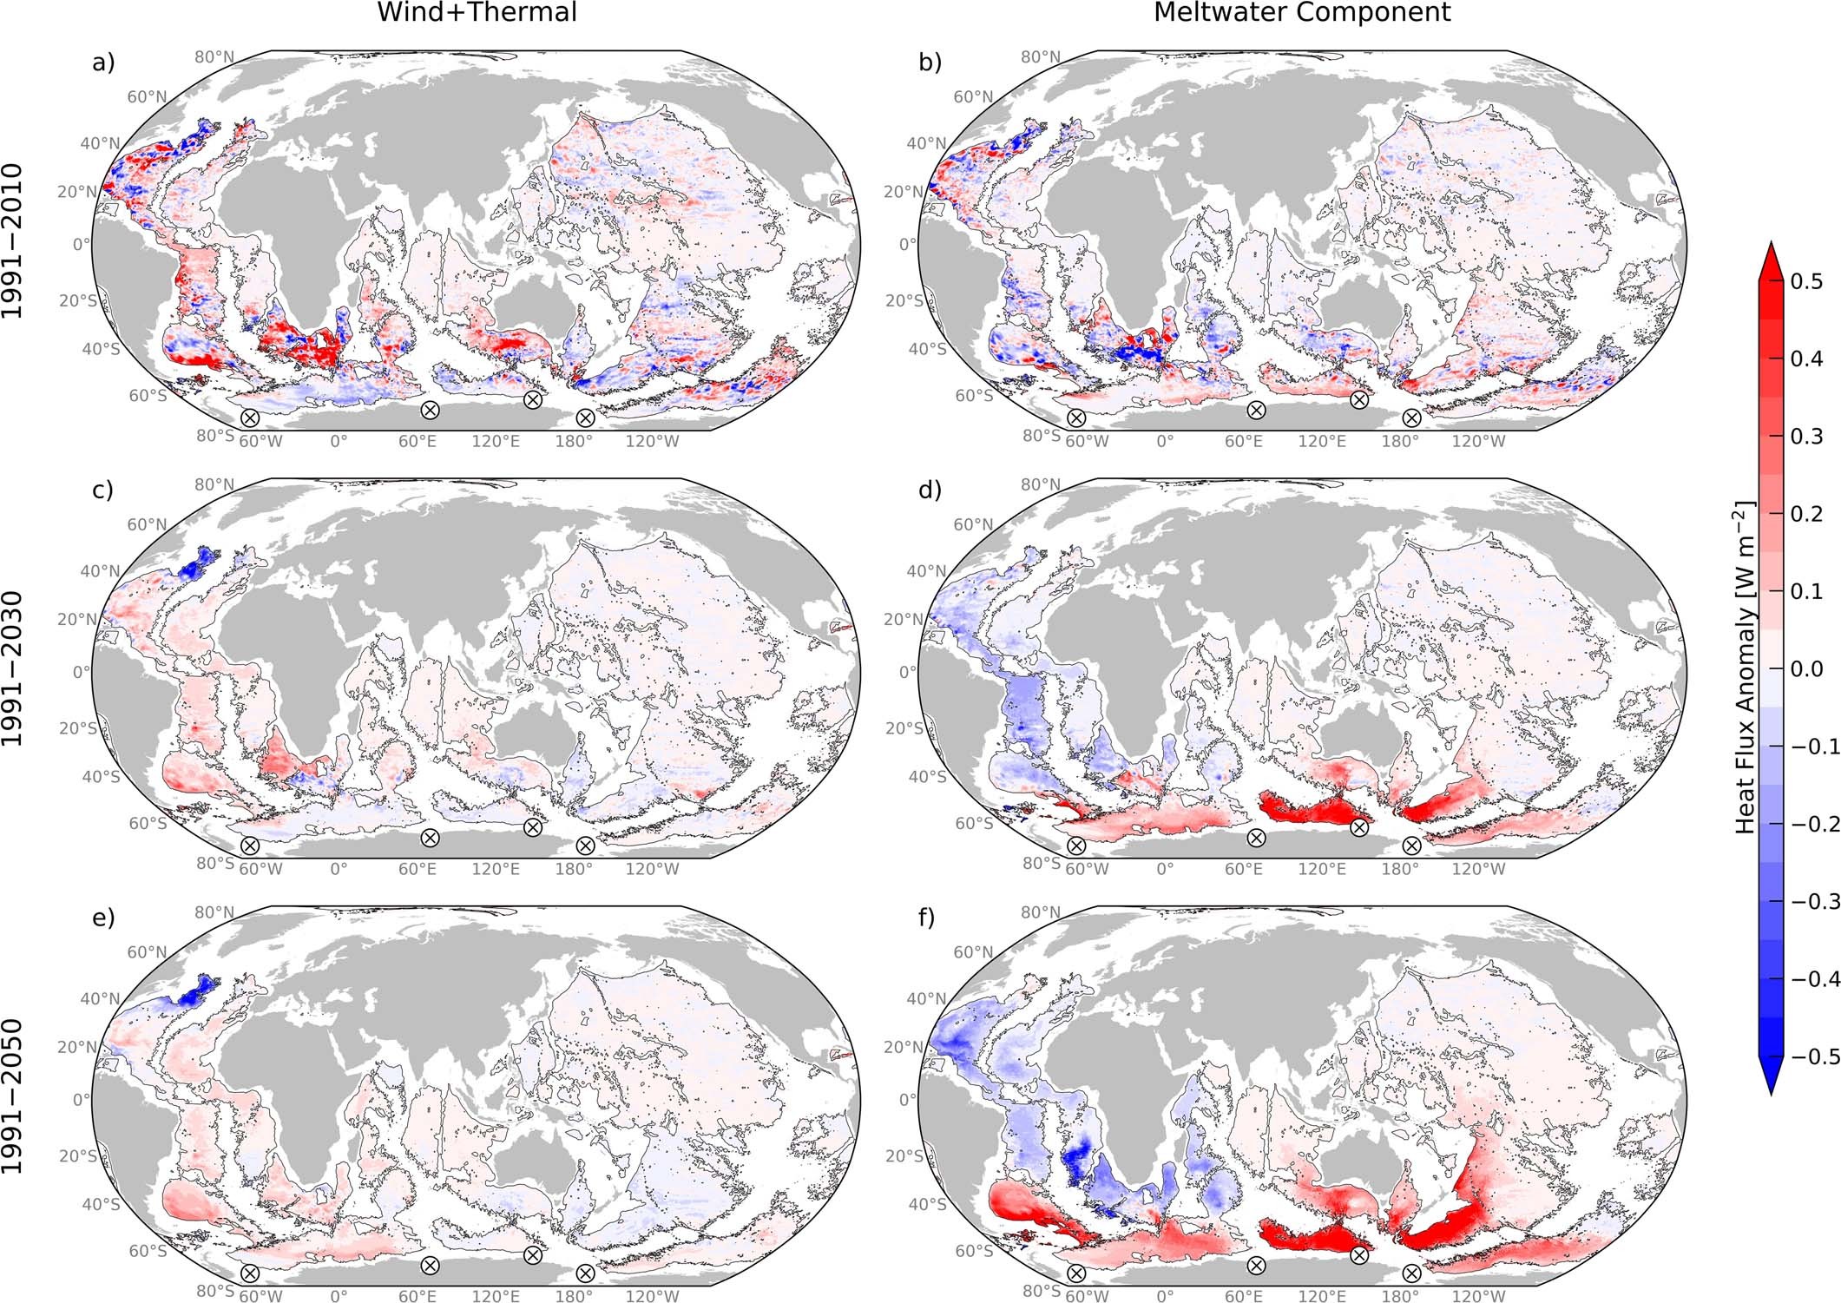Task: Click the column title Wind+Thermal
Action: click(477, 12)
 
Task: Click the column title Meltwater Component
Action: click(1302, 12)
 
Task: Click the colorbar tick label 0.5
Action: click(1807, 281)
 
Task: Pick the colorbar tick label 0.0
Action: click(1807, 668)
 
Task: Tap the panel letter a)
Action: click(103, 63)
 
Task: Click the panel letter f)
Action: click(928, 918)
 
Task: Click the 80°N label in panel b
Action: click(1040, 57)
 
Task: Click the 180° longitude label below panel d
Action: click(1400, 868)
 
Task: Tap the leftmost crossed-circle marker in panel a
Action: click(249, 418)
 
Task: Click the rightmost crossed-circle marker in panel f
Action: click(1411, 1273)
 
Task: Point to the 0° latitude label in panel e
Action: click(82, 1099)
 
